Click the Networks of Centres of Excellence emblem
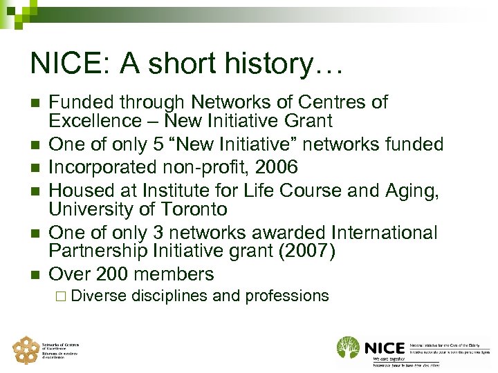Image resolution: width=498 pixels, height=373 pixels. pos(26,350)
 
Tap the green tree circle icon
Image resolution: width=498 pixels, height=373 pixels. pos(347,347)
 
